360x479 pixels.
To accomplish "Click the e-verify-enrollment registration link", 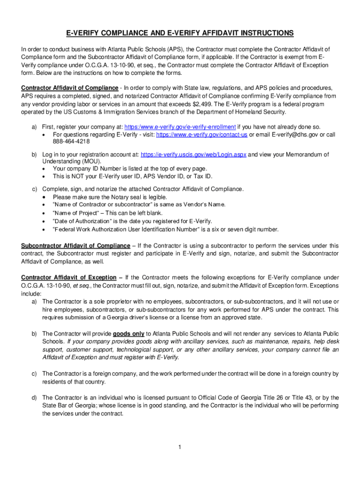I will click(180, 127).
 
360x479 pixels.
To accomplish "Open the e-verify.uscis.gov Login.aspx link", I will click(193, 154).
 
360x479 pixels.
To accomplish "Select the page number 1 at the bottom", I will click(180, 447).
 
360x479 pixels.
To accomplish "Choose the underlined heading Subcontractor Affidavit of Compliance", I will click(76, 246).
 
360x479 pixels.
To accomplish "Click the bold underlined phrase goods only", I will click(129, 334).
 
